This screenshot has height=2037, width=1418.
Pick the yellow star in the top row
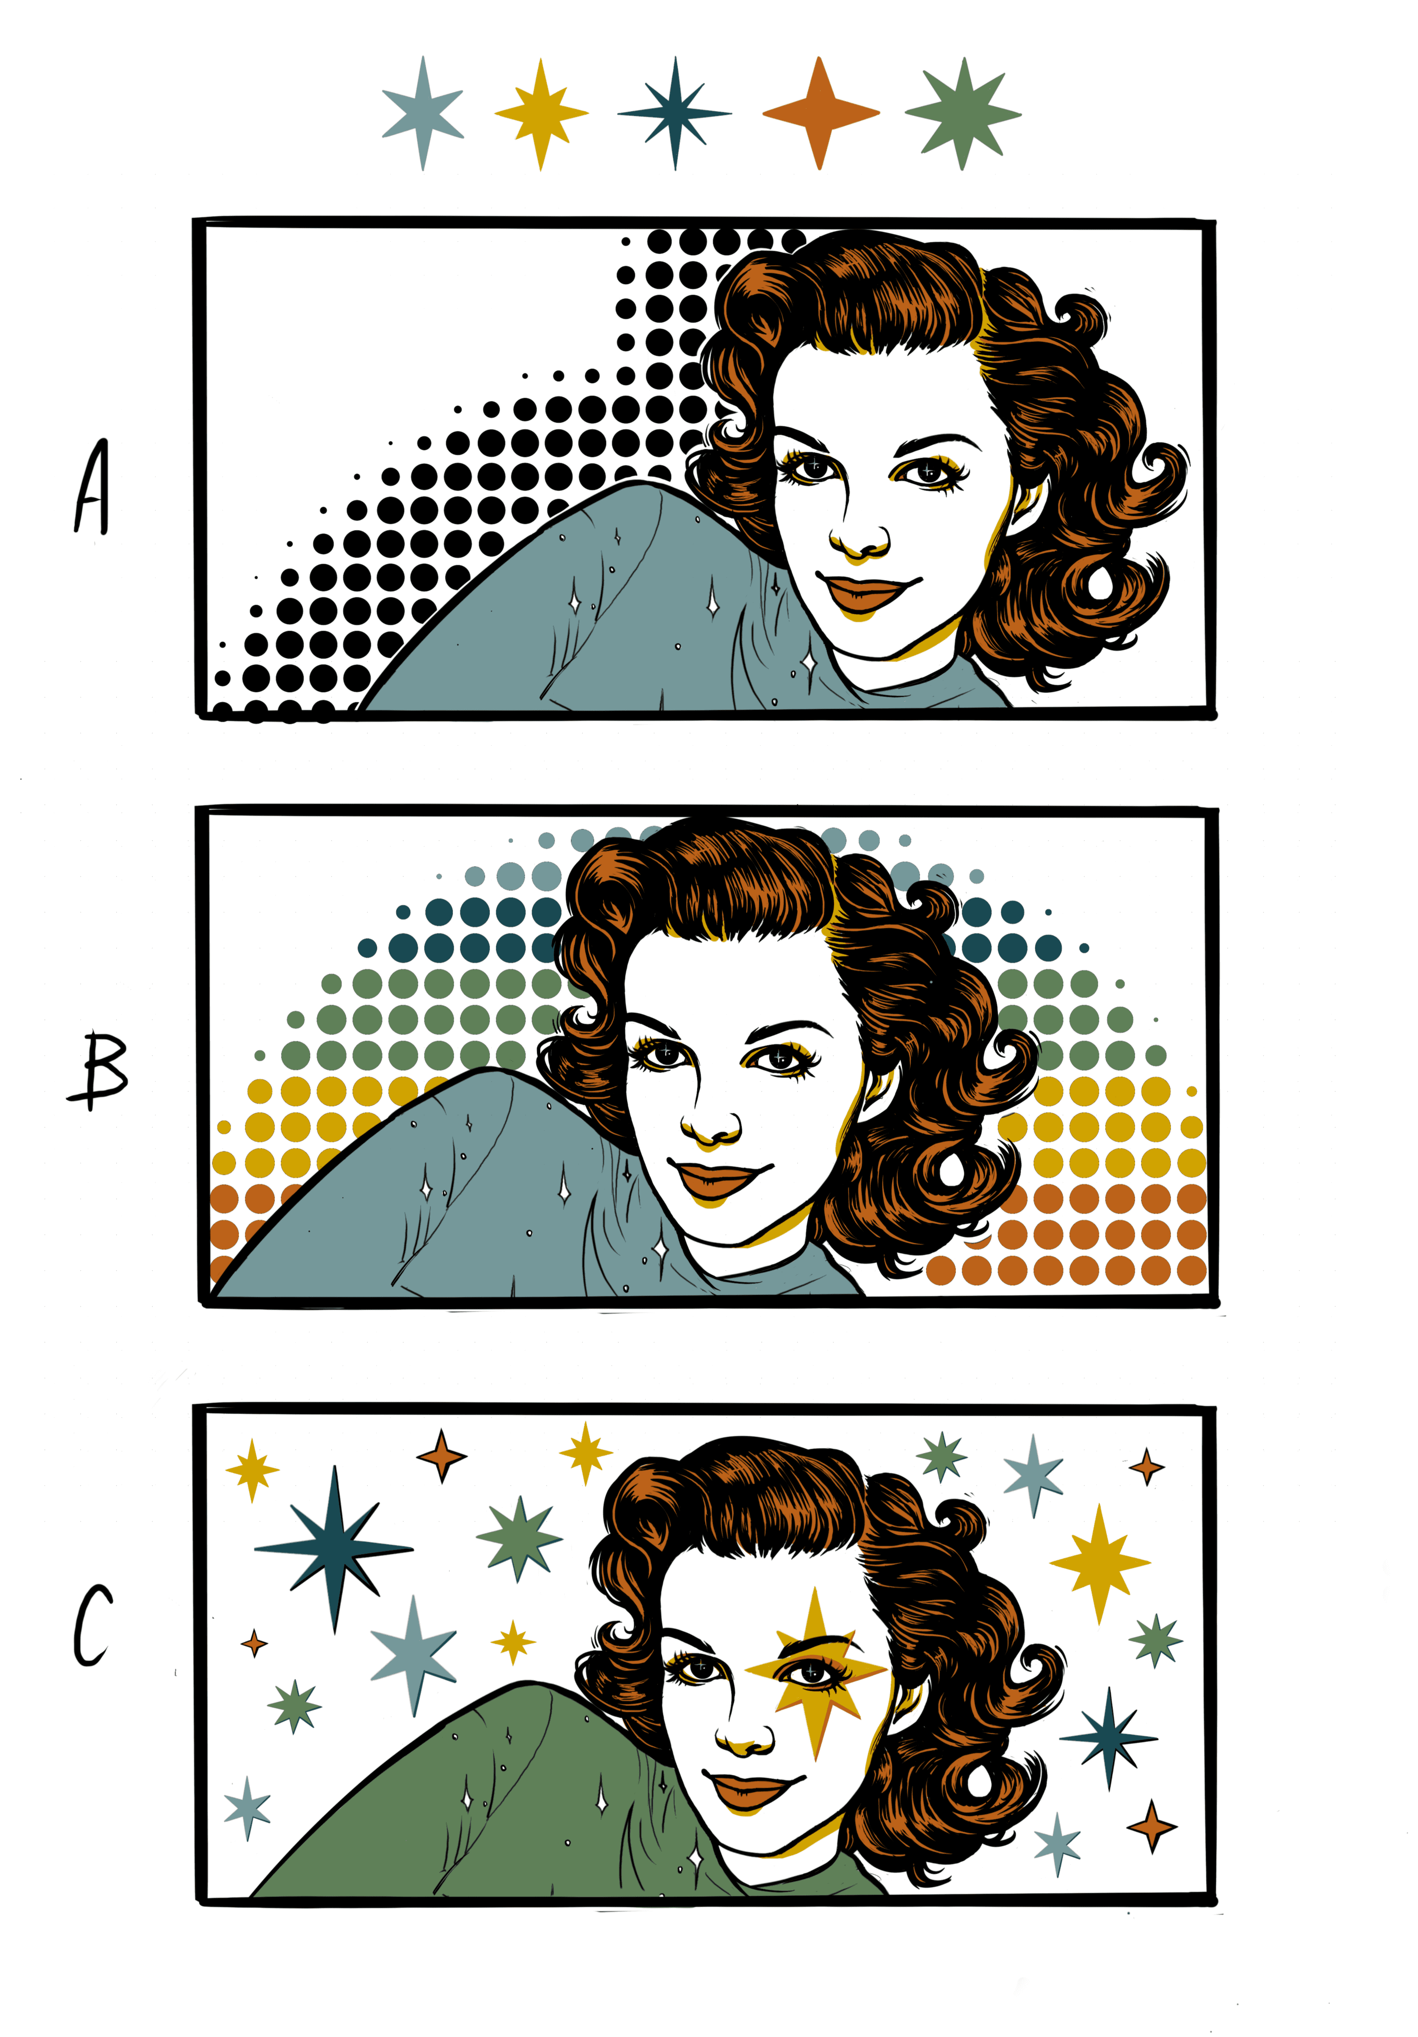click(x=540, y=113)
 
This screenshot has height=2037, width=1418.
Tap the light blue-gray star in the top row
click(x=423, y=113)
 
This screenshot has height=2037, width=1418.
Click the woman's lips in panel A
click(x=865, y=592)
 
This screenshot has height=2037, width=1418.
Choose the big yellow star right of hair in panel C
click(x=1100, y=1563)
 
